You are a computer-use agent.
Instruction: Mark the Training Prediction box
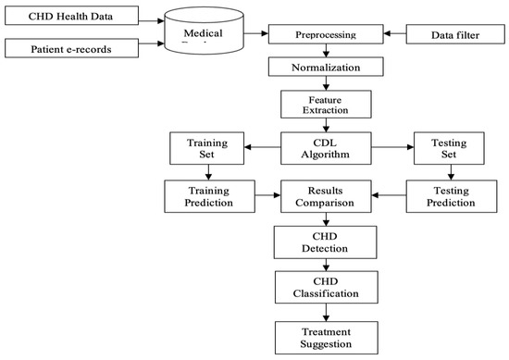click(x=206, y=195)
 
